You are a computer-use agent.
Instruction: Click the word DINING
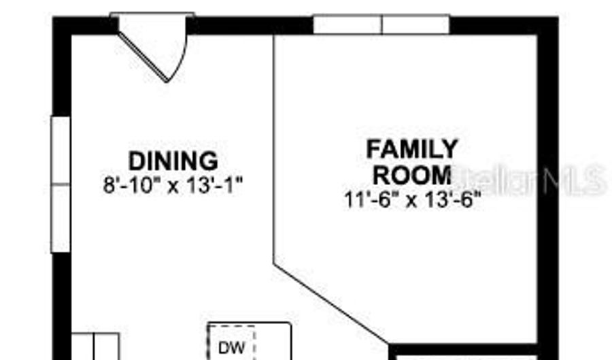click(x=173, y=161)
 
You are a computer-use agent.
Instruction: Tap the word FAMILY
click(x=412, y=149)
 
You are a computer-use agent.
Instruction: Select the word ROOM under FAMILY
click(x=412, y=175)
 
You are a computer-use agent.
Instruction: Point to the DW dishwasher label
click(x=232, y=348)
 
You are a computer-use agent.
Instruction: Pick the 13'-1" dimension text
click(x=215, y=185)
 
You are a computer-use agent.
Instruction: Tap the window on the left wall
click(x=61, y=184)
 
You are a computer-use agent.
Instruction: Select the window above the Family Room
click(x=381, y=24)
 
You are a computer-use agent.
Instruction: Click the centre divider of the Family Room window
click(x=381, y=24)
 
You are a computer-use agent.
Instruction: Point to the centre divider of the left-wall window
click(x=61, y=184)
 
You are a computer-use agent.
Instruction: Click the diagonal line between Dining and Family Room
click(x=331, y=304)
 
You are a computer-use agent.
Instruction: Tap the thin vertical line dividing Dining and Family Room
click(x=274, y=149)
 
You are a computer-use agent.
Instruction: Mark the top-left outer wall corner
click(x=53, y=17)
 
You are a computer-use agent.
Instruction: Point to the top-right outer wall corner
click(x=558, y=17)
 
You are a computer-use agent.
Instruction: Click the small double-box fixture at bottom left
click(x=95, y=346)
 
